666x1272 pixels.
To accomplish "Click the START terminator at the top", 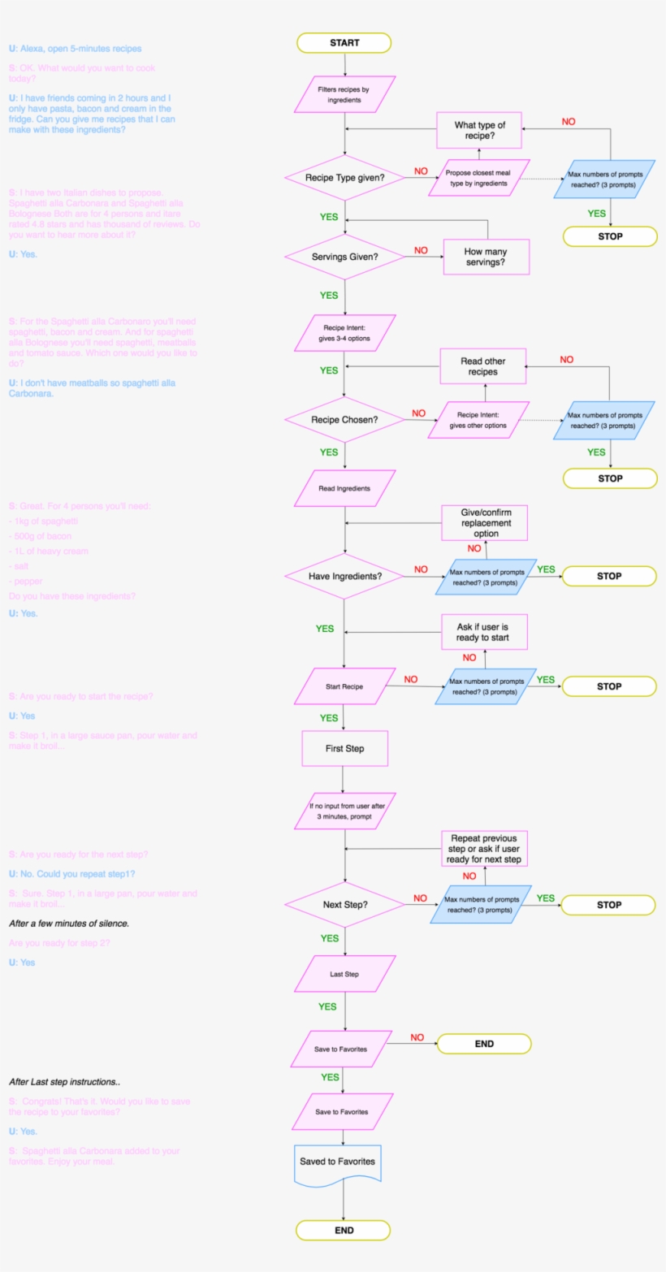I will (344, 43).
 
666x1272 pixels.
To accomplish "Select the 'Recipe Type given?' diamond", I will (344, 177).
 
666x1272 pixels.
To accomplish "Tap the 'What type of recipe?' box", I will (479, 130).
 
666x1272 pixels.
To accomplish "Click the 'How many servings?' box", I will (486, 257).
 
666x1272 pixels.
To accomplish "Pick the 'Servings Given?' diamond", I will (345, 257).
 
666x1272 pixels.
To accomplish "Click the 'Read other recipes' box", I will (483, 366).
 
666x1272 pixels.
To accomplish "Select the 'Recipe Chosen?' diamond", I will (344, 420).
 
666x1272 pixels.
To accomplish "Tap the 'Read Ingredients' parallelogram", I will (344, 488).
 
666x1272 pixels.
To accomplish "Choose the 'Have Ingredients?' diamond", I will (344, 576).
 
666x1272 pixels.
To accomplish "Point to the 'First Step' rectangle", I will (344, 748).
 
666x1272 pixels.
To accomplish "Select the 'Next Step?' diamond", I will (344, 904).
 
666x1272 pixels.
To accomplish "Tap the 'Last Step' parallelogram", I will (344, 974).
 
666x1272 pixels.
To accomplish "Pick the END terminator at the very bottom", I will (344, 1230).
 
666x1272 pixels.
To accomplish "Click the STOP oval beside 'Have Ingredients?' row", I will (609, 576).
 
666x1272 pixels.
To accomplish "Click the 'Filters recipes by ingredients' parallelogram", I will (345, 94).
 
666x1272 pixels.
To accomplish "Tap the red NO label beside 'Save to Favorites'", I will (417, 1037).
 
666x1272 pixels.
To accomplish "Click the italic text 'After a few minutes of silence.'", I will (69, 924).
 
